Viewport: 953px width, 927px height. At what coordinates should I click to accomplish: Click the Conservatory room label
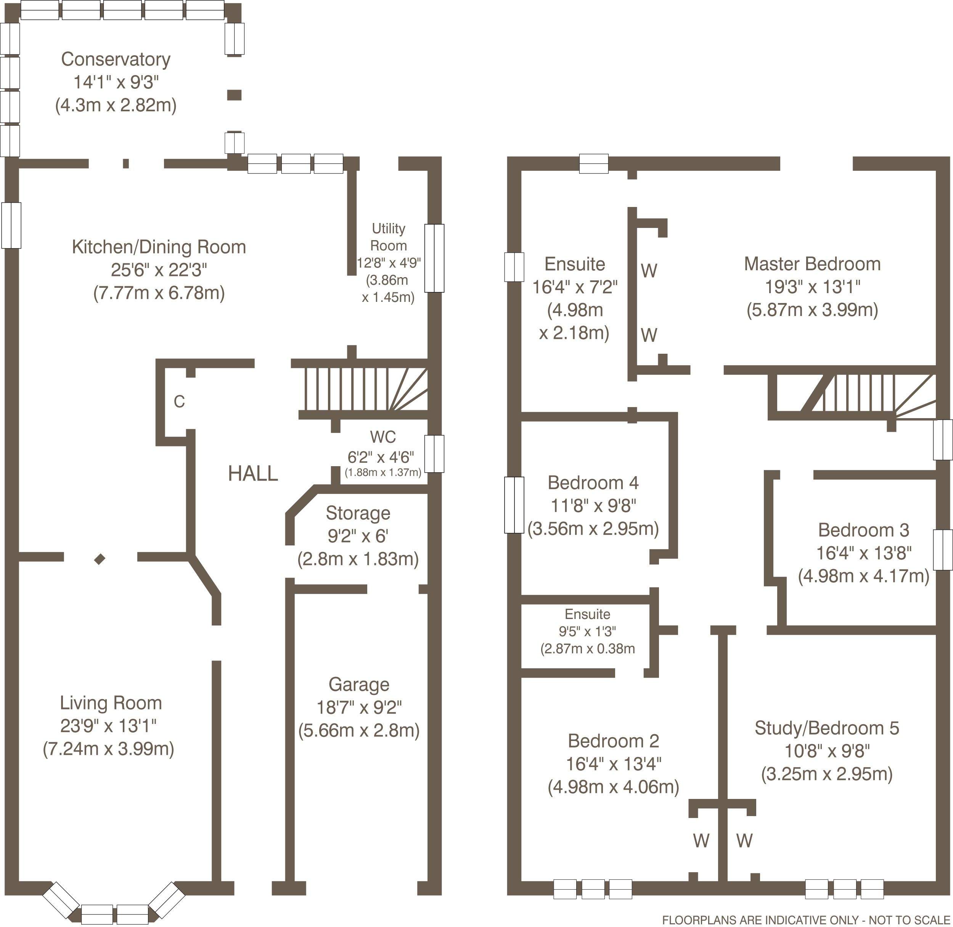tap(116, 59)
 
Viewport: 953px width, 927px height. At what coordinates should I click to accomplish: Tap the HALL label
tap(253, 473)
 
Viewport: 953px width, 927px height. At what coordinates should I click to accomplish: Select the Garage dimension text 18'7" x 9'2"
tap(359, 707)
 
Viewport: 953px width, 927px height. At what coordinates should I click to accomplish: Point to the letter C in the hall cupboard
tap(179, 402)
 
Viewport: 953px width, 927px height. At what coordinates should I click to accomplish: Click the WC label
tap(382, 437)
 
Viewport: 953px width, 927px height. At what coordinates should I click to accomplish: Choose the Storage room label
tap(358, 513)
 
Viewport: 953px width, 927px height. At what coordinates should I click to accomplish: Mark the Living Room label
tap(111, 703)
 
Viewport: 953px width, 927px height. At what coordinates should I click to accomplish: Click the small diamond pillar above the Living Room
tap(100, 559)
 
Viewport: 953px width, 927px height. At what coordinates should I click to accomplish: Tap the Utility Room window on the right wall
tap(434, 258)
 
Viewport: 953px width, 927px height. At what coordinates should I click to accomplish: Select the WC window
tap(434, 454)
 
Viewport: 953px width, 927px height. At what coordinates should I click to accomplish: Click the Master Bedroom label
tap(812, 264)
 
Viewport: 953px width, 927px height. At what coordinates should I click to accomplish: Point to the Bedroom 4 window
tap(514, 505)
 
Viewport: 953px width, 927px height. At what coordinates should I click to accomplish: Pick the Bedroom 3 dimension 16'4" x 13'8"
tap(864, 553)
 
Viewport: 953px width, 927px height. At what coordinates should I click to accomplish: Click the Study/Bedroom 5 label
tap(827, 728)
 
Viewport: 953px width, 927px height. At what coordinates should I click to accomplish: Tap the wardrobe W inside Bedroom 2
tap(701, 854)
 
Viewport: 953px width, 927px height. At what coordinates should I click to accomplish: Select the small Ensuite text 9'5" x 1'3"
tap(587, 632)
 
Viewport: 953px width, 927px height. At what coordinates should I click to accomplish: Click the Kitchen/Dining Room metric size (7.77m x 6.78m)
tap(159, 293)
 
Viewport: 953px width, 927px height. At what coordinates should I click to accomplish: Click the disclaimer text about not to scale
tap(806, 920)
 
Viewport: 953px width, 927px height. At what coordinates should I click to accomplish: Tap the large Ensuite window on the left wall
tap(514, 267)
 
